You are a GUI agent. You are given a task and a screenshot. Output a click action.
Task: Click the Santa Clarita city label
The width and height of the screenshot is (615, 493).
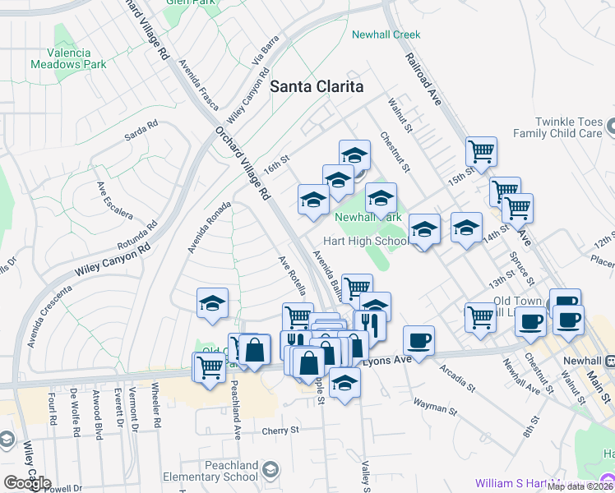click(x=317, y=86)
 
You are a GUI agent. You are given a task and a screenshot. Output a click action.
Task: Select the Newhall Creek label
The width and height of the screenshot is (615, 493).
click(x=386, y=35)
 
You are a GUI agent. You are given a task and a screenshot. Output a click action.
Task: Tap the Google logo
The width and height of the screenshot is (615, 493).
click(x=26, y=482)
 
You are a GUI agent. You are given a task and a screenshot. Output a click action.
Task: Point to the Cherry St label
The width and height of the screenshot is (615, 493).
click(x=279, y=430)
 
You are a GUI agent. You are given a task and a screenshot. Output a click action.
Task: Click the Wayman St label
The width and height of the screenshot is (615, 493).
click(x=435, y=404)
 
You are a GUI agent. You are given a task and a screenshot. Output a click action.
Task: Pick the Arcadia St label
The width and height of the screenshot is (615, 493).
click(x=456, y=375)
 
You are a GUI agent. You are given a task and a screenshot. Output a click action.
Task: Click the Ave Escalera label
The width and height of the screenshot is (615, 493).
click(x=114, y=200)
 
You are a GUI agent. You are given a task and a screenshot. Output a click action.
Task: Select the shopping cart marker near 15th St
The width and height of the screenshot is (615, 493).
click(x=481, y=152)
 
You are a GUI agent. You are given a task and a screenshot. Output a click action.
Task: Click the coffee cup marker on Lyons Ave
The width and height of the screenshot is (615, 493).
click(x=418, y=340)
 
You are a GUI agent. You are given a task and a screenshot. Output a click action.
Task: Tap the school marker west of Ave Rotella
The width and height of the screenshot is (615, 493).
click(x=212, y=304)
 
